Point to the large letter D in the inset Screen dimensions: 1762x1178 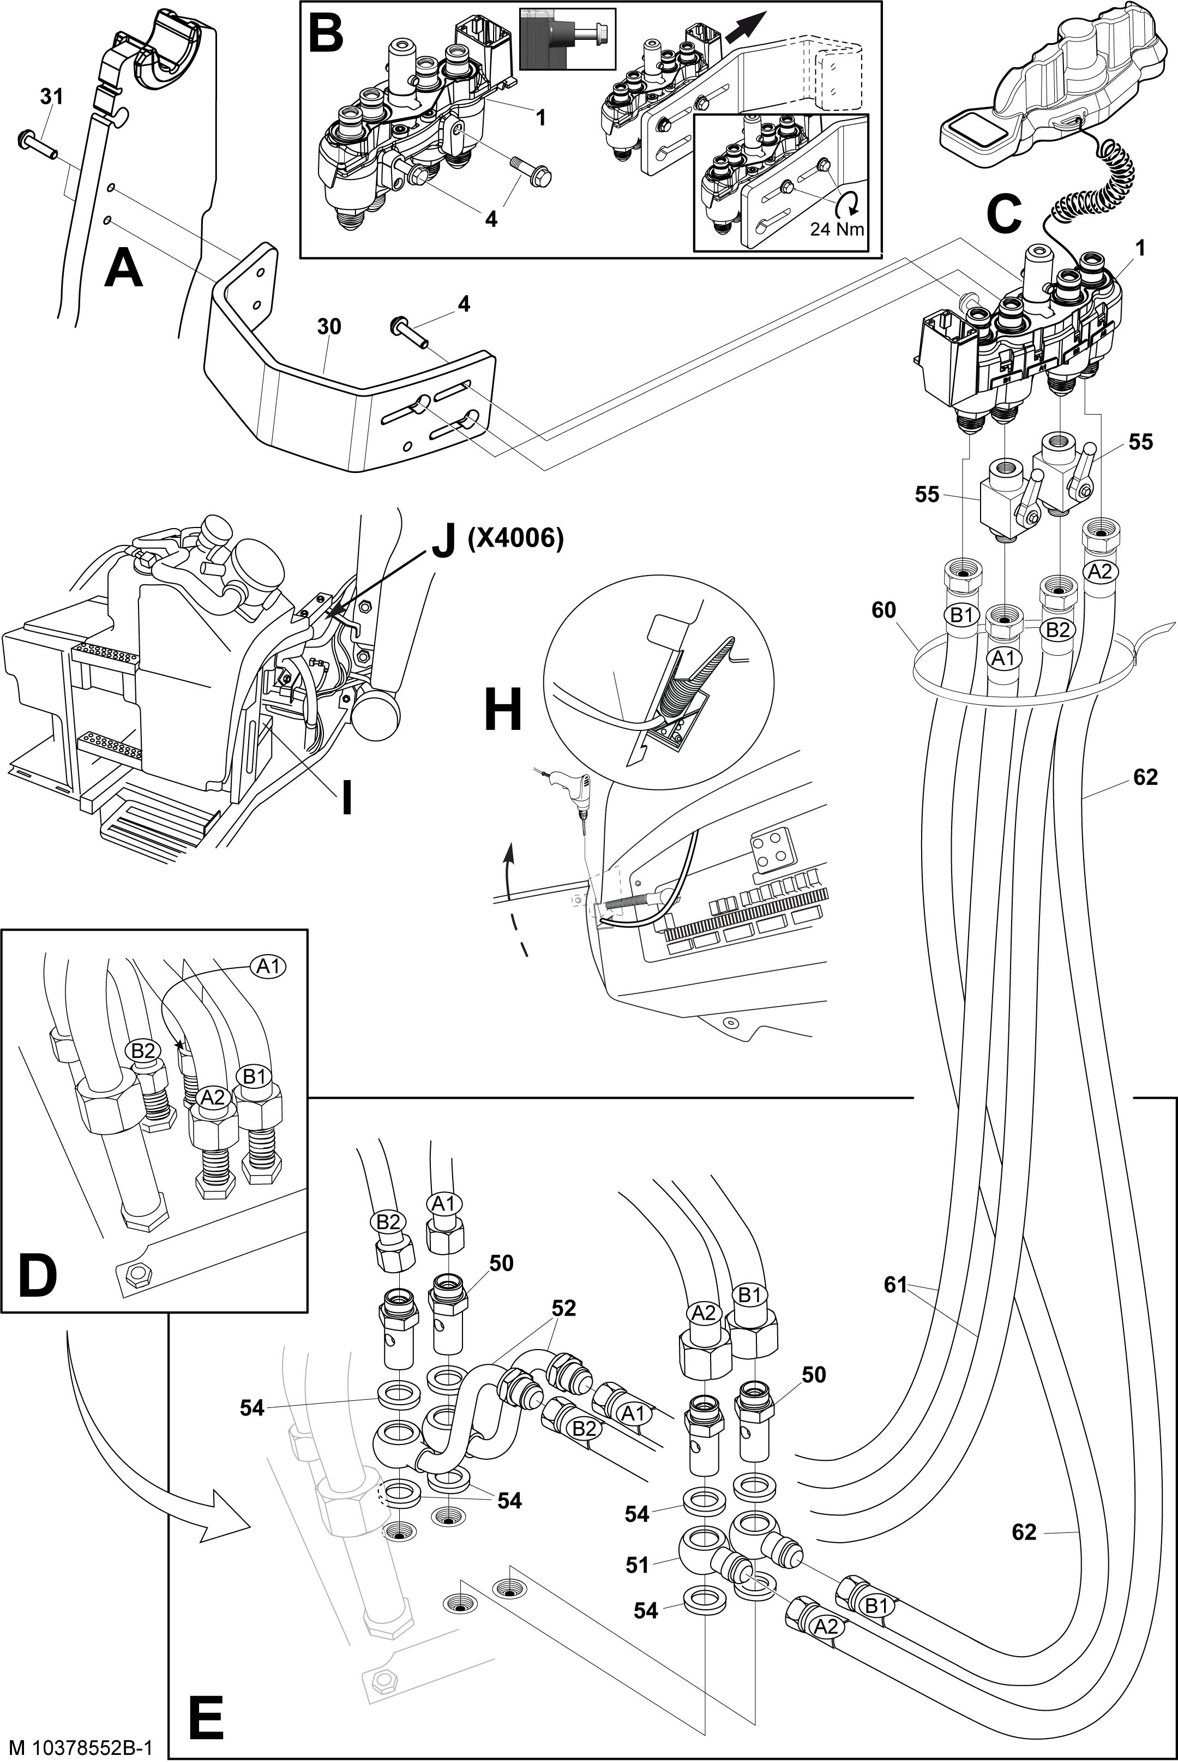coord(38,1276)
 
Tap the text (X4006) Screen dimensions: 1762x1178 coord(515,539)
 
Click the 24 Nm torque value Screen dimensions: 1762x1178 coord(837,229)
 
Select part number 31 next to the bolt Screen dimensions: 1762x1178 coord(51,97)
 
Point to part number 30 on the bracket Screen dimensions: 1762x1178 coord(329,327)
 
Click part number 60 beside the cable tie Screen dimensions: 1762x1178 coord(883,609)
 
